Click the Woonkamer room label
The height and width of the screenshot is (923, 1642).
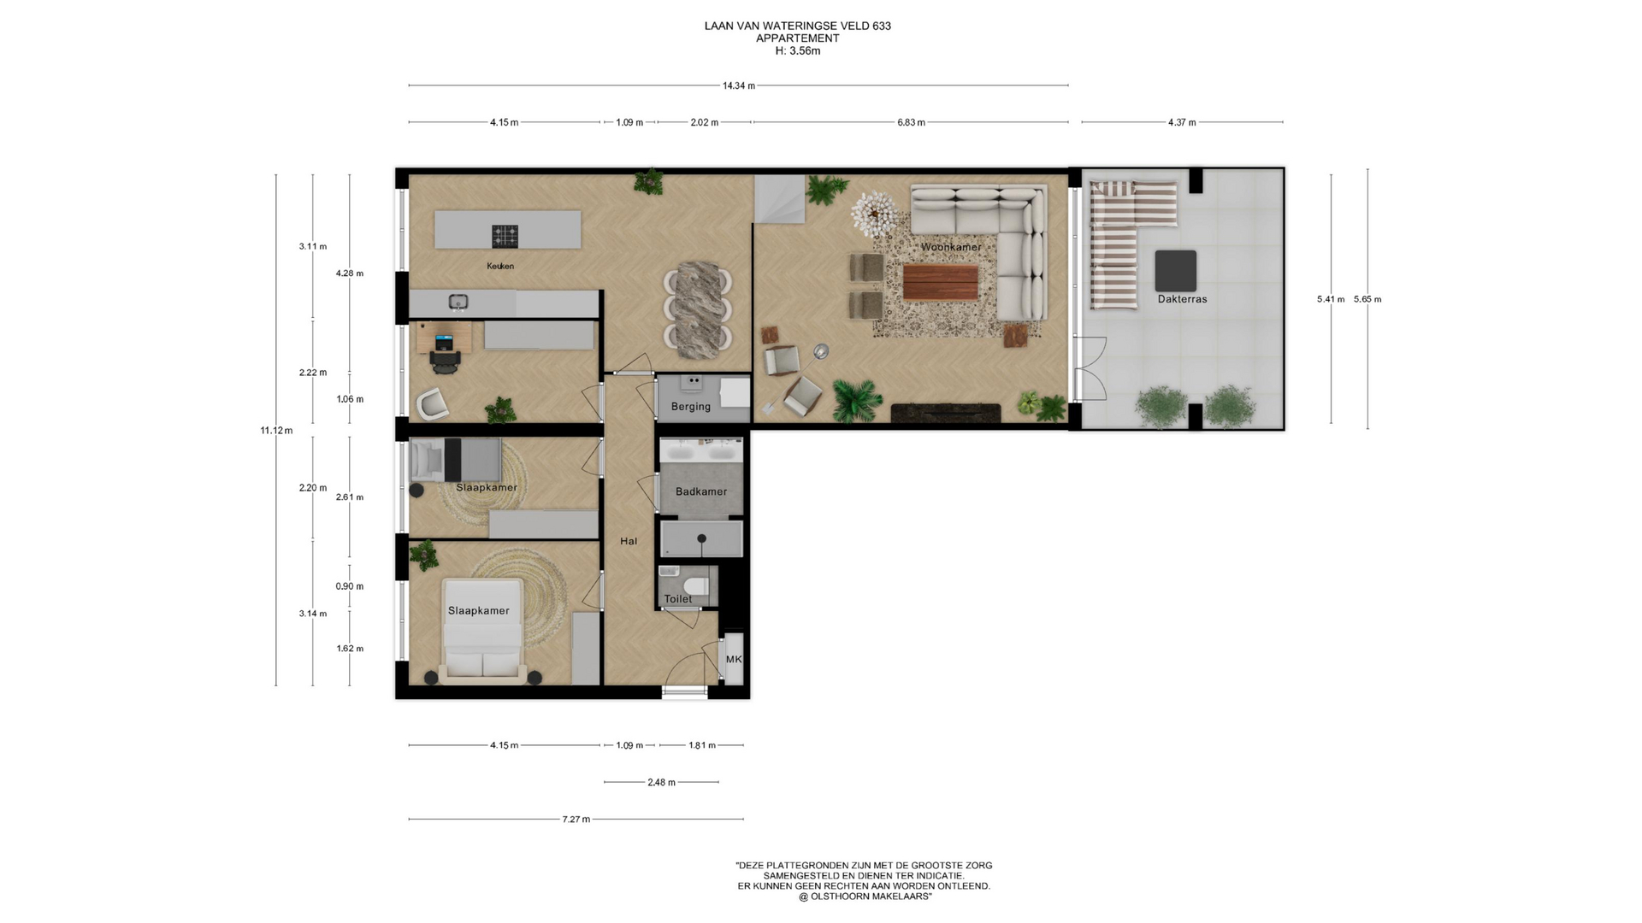[x=950, y=247]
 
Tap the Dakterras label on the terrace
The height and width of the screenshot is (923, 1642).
[x=1182, y=299]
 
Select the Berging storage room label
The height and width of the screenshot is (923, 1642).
[x=690, y=407]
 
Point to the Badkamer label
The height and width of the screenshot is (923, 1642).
[x=701, y=491]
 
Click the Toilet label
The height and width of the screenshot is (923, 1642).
[x=678, y=599]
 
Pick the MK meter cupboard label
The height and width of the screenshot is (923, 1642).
[x=734, y=660]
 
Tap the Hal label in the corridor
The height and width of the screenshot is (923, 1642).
[x=629, y=541]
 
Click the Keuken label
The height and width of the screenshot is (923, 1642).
[x=500, y=266]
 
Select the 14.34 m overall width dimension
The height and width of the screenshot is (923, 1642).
[x=739, y=85]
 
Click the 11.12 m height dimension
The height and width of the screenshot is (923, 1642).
[x=276, y=431]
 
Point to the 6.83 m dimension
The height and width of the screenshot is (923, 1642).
[x=911, y=122]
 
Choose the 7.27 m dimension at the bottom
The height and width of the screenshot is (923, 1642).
[x=576, y=819]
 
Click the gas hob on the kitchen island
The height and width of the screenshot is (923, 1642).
[x=505, y=236]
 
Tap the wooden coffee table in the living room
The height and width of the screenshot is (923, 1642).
[x=940, y=283]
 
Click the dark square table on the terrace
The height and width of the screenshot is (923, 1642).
[x=1176, y=271]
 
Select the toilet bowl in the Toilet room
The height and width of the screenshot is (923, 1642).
[x=697, y=585]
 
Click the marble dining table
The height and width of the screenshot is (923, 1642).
[x=698, y=309]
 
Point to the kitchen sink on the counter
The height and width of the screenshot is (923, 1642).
[x=458, y=302]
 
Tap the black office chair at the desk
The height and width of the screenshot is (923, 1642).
[x=446, y=362]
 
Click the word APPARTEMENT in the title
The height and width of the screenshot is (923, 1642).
[x=798, y=38]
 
